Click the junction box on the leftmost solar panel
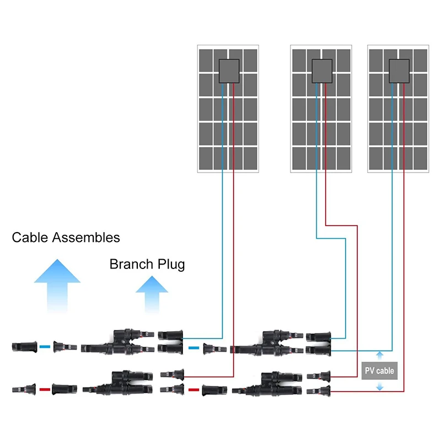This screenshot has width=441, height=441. (229, 71)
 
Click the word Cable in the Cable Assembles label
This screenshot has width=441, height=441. (30, 238)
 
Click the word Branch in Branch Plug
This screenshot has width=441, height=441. (130, 265)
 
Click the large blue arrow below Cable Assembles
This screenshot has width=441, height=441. (57, 287)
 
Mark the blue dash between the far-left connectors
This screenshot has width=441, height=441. (45, 347)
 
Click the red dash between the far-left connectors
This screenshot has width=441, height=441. (45, 389)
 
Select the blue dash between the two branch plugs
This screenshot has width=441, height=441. (193, 348)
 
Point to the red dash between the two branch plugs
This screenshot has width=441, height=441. (193, 390)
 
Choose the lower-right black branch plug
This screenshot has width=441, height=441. (268, 384)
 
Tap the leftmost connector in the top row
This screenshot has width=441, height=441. (23, 347)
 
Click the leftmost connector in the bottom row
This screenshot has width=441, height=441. (24, 389)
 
